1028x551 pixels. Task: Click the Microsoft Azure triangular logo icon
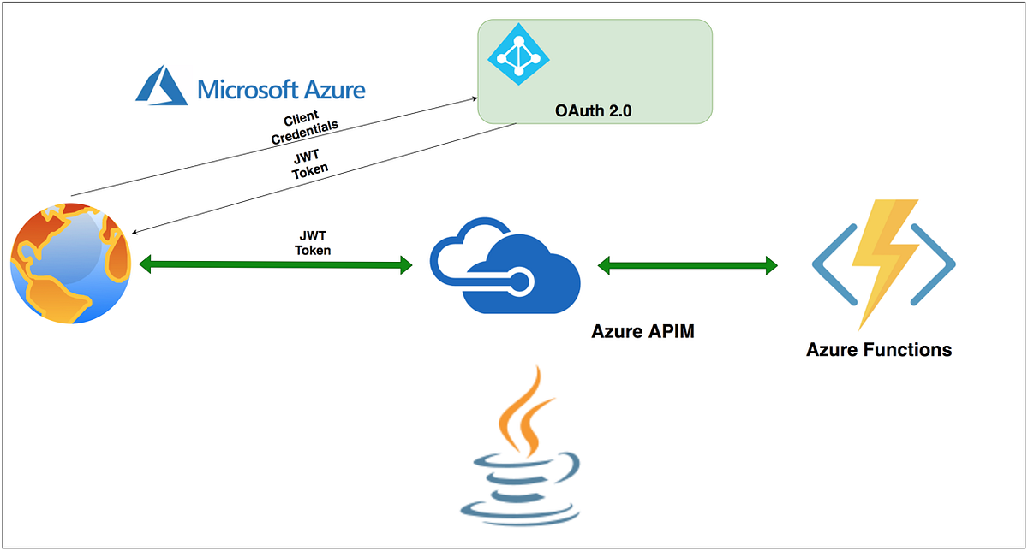click(160, 87)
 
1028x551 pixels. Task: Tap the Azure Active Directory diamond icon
click(517, 55)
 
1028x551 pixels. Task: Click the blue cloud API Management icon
click(503, 267)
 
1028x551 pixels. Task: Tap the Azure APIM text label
click(642, 331)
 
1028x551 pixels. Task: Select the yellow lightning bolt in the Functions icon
click(883, 258)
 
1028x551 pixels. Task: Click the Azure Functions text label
click(879, 350)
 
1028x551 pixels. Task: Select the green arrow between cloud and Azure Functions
click(688, 265)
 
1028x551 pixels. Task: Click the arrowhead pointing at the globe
click(134, 231)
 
